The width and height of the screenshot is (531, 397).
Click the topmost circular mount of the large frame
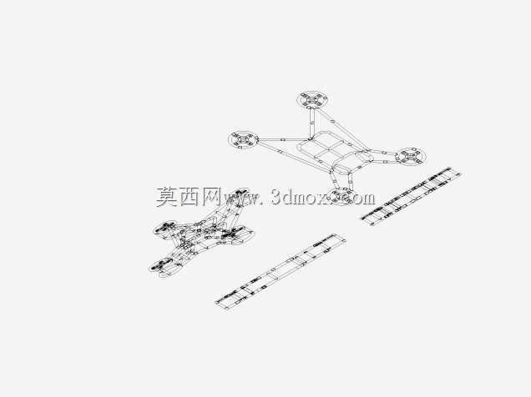click(x=313, y=100)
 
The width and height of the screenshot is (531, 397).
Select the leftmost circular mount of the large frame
click(x=244, y=139)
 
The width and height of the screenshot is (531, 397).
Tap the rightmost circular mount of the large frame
click(x=410, y=157)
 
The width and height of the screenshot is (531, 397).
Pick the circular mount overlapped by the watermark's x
click(x=340, y=197)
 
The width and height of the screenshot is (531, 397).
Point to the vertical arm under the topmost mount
click(x=311, y=123)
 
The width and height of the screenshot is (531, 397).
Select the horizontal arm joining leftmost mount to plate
click(x=284, y=139)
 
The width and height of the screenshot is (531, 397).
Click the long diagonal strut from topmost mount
click(x=341, y=128)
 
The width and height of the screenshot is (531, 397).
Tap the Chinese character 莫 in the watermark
click(x=168, y=197)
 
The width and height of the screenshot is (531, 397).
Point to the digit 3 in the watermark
click(x=276, y=197)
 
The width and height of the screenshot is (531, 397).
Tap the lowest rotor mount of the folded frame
click(x=161, y=265)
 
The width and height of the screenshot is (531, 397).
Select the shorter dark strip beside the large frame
click(x=412, y=195)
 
